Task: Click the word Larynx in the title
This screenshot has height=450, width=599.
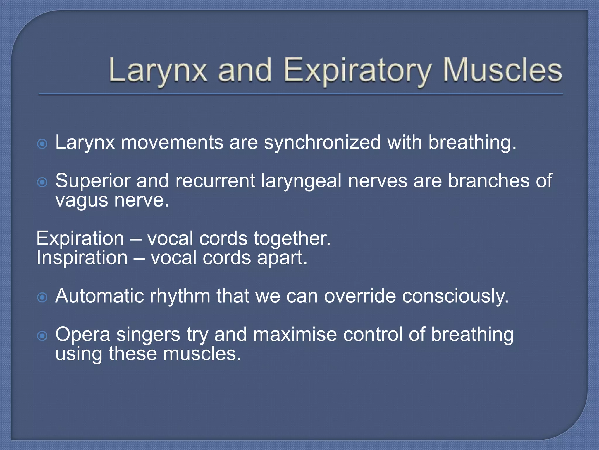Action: click(x=158, y=70)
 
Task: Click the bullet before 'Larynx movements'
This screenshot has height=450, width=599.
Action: click(x=42, y=144)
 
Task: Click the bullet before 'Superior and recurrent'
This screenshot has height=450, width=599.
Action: click(x=42, y=182)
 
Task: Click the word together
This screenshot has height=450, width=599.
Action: click(x=292, y=238)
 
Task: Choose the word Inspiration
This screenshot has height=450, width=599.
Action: click(x=82, y=258)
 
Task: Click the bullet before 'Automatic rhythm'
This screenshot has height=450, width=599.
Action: click(x=42, y=298)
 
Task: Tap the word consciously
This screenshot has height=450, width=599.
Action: click(x=455, y=296)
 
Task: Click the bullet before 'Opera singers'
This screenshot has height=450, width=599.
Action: click(x=42, y=336)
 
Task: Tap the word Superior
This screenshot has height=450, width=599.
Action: click(x=92, y=181)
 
